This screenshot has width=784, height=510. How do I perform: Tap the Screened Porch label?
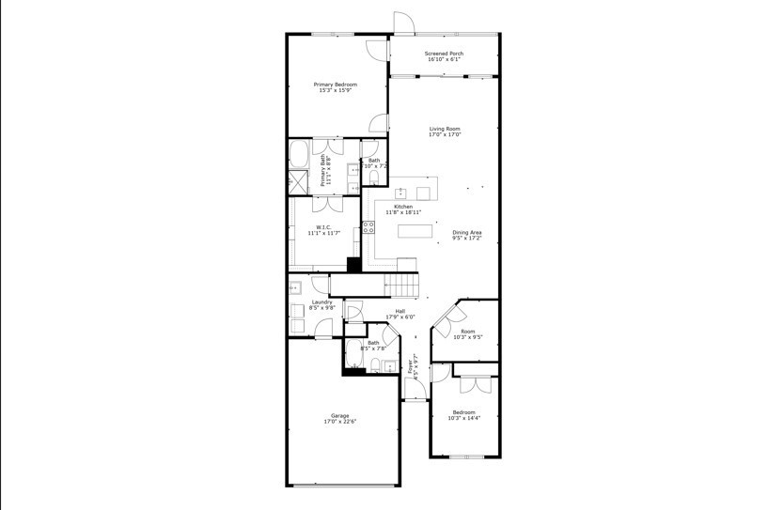click(x=444, y=54)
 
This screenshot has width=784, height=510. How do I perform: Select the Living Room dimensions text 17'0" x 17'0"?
click(x=445, y=135)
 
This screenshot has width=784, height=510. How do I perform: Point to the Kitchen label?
click(x=402, y=207)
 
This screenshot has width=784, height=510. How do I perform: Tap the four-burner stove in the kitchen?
click(x=368, y=226)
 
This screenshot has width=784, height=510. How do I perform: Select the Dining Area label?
click(x=467, y=232)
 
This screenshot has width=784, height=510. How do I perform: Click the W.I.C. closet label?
click(x=322, y=226)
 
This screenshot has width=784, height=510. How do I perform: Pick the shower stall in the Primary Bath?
click(x=298, y=182)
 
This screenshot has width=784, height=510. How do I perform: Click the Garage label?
click(x=339, y=415)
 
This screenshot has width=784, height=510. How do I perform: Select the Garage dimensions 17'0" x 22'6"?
click(x=339, y=422)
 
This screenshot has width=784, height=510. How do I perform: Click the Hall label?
click(x=400, y=311)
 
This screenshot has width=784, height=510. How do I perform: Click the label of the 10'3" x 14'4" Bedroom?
click(x=463, y=411)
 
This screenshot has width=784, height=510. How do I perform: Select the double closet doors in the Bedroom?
click(x=477, y=384)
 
